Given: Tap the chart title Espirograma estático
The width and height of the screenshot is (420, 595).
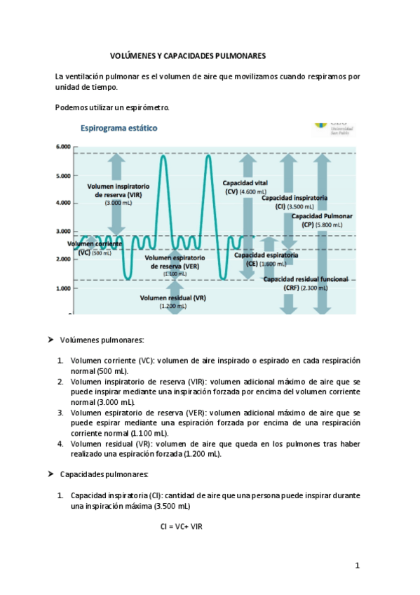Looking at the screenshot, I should pos(119,128).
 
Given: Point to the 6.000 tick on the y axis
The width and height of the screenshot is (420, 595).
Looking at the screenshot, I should pos(62,147).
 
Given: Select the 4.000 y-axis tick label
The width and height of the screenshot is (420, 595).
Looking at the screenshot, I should pos(62,203).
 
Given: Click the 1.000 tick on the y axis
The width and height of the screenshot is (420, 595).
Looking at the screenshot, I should pos(62,288).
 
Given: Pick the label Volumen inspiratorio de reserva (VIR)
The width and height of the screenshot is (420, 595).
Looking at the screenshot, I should pos(118,191).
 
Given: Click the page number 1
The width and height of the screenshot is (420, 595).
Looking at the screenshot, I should pos(357,565).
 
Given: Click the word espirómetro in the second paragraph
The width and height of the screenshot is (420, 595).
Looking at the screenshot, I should pos(146,107).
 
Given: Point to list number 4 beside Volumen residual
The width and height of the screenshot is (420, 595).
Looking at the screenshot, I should pos(61,443).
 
